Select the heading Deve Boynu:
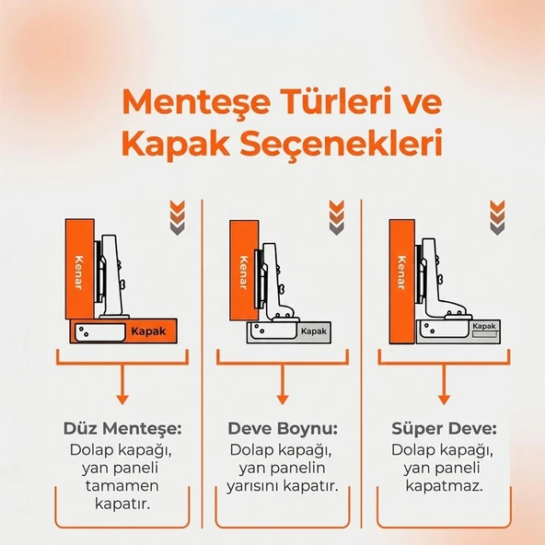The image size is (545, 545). pyautogui.click(x=283, y=429)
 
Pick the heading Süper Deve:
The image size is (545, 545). pyautogui.click(x=445, y=429)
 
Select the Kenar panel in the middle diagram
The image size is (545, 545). pyautogui.click(x=243, y=269)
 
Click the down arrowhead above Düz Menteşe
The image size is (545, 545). pyautogui.click(x=121, y=398)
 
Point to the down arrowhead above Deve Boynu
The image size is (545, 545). pyautogui.click(x=283, y=398)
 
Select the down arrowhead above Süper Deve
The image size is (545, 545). pyautogui.click(x=445, y=398)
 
